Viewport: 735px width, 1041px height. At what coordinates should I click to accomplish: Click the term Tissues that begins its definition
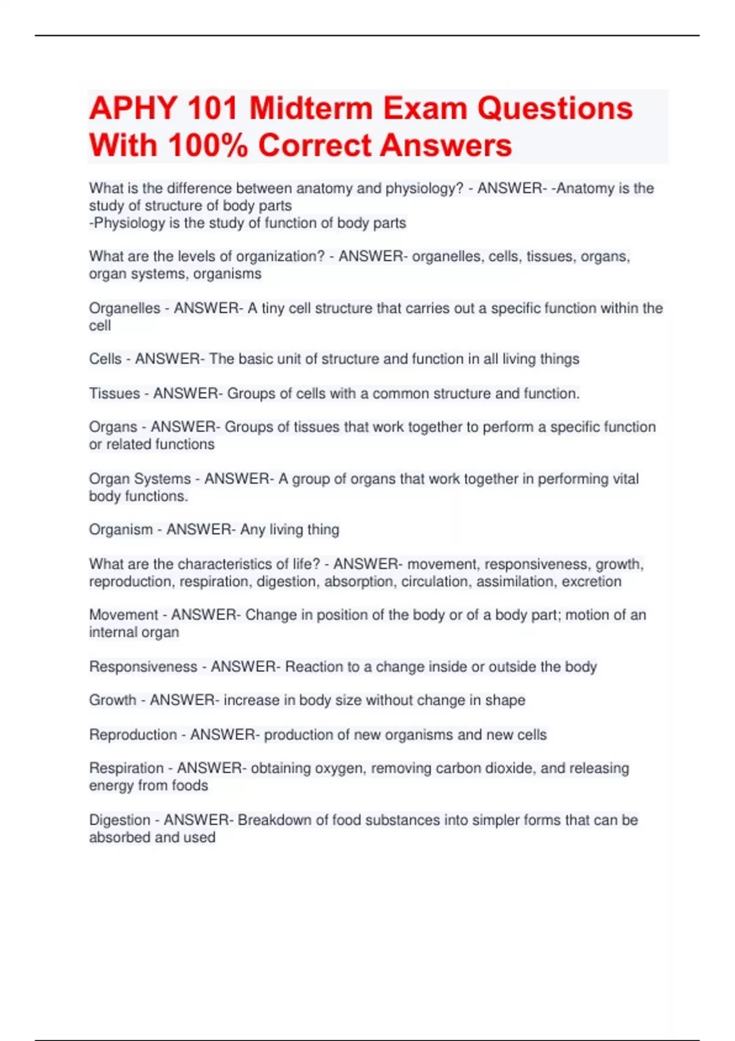point(115,393)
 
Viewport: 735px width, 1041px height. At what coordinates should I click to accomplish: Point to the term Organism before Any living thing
point(121,529)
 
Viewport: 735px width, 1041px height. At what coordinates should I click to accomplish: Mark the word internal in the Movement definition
point(111,632)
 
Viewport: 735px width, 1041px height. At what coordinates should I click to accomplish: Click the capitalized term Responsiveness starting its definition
point(143,666)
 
